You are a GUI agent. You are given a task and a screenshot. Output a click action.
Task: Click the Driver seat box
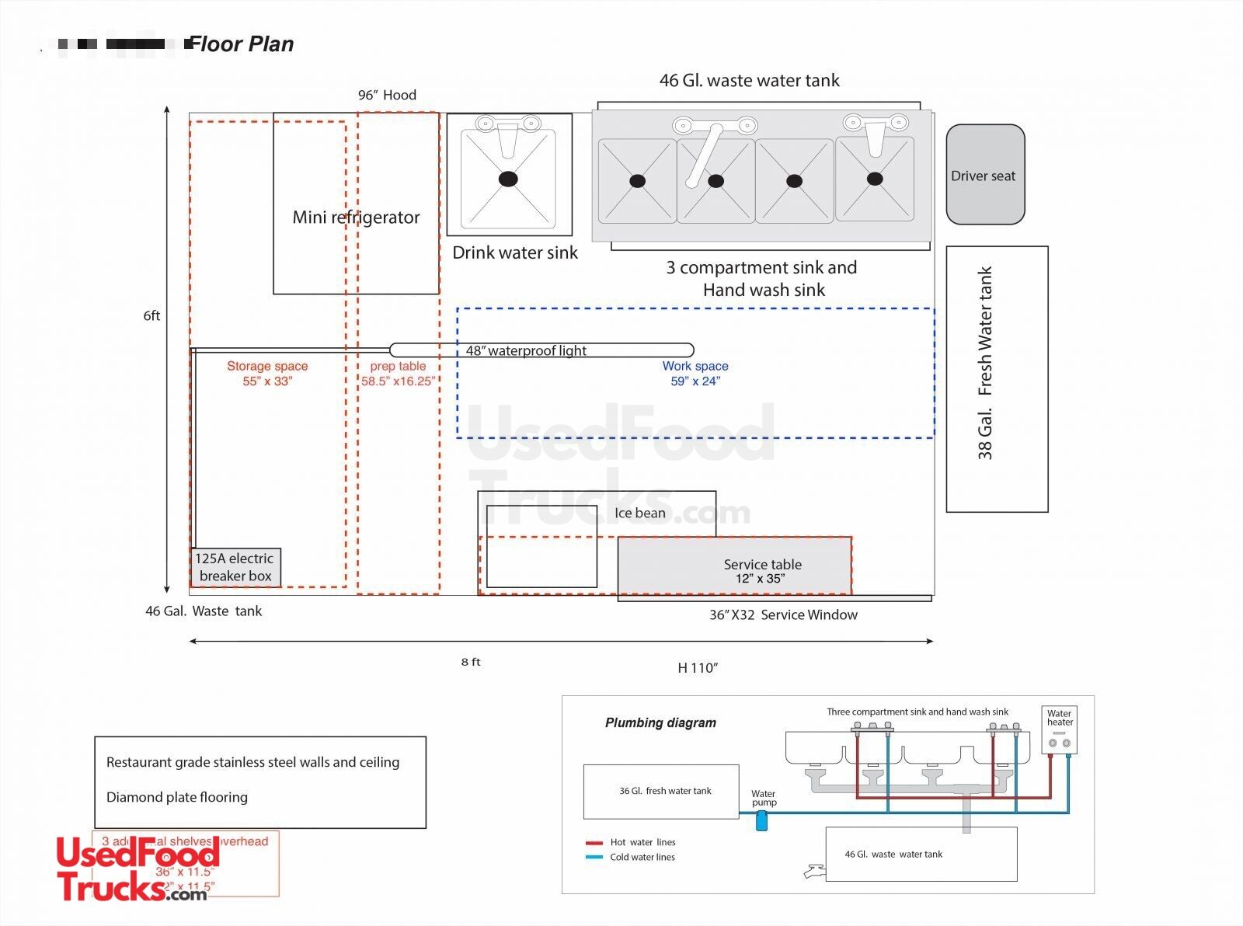click(x=985, y=175)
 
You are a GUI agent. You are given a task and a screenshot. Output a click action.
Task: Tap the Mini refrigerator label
click(x=356, y=218)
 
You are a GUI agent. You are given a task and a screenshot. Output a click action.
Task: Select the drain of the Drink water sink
click(x=507, y=179)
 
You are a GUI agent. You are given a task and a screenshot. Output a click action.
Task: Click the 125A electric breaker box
click(x=235, y=567)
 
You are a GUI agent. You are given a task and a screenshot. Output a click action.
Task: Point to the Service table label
click(x=762, y=565)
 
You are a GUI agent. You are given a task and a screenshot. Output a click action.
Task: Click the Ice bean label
click(x=639, y=513)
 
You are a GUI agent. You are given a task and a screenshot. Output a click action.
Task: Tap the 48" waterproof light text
click(x=526, y=351)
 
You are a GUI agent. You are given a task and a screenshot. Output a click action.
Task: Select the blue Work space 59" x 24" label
click(x=695, y=373)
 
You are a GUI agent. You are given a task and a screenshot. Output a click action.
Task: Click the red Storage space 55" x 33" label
click(x=267, y=373)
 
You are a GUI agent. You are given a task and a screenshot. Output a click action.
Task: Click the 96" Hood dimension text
click(x=387, y=95)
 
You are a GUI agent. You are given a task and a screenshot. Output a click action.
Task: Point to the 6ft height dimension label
click(x=151, y=315)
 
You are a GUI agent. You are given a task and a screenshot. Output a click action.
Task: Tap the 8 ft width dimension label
click(x=471, y=662)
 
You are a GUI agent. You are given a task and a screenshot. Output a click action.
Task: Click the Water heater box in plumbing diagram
click(x=1059, y=729)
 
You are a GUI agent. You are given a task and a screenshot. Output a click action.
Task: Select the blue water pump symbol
click(x=761, y=820)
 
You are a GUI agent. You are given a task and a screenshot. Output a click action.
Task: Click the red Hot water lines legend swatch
click(x=594, y=843)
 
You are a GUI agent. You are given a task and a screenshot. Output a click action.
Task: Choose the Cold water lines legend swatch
click(x=594, y=858)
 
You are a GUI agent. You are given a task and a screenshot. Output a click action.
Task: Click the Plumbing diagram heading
click(x=660, y=722)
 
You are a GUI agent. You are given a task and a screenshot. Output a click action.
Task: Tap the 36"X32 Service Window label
click(x=783, y=614)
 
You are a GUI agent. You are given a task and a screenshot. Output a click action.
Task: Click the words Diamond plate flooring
click(x=177, y=797)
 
